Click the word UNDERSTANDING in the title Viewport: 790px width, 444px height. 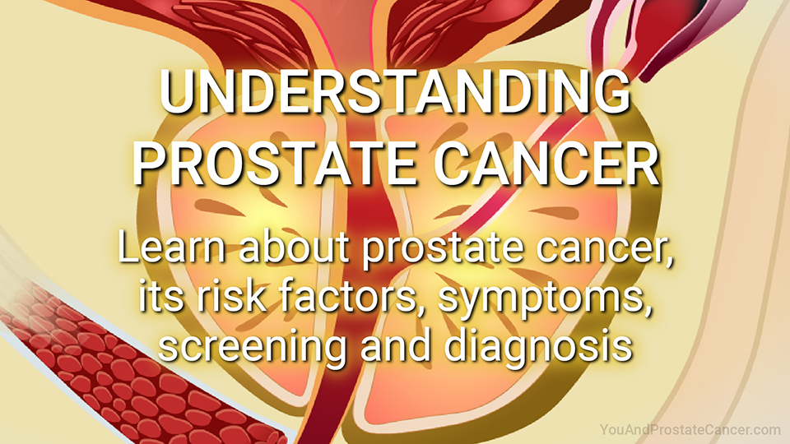(x=395, y=93)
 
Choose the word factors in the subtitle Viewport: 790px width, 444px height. (x=351, y=296)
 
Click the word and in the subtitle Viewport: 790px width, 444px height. (x=396, y=345)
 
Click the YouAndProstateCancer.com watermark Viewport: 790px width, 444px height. (x=690, y=430)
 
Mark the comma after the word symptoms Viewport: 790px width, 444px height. (x=647, y=308)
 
